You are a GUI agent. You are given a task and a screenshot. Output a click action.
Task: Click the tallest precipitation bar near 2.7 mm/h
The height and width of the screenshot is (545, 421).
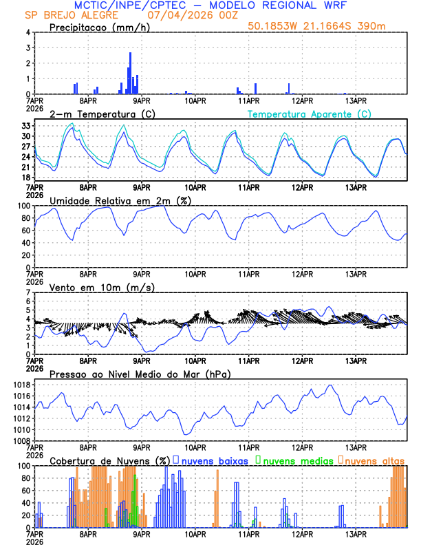[130, 72]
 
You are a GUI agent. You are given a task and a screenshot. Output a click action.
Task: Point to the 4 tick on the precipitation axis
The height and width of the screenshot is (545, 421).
[28, 32]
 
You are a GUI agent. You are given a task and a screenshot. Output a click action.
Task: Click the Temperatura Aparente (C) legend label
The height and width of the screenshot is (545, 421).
[310, 114]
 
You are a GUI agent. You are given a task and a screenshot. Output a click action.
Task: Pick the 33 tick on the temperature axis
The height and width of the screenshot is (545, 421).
[25, 126]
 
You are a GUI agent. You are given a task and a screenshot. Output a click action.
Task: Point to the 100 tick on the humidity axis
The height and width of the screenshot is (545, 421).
[23, 206]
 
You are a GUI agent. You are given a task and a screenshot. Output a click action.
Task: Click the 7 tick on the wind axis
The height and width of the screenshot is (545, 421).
[28, 292]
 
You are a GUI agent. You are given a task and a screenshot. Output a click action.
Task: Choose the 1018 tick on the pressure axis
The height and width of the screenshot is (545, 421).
[21, 385]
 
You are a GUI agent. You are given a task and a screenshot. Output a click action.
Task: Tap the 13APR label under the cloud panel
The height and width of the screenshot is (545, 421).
[355, 535]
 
